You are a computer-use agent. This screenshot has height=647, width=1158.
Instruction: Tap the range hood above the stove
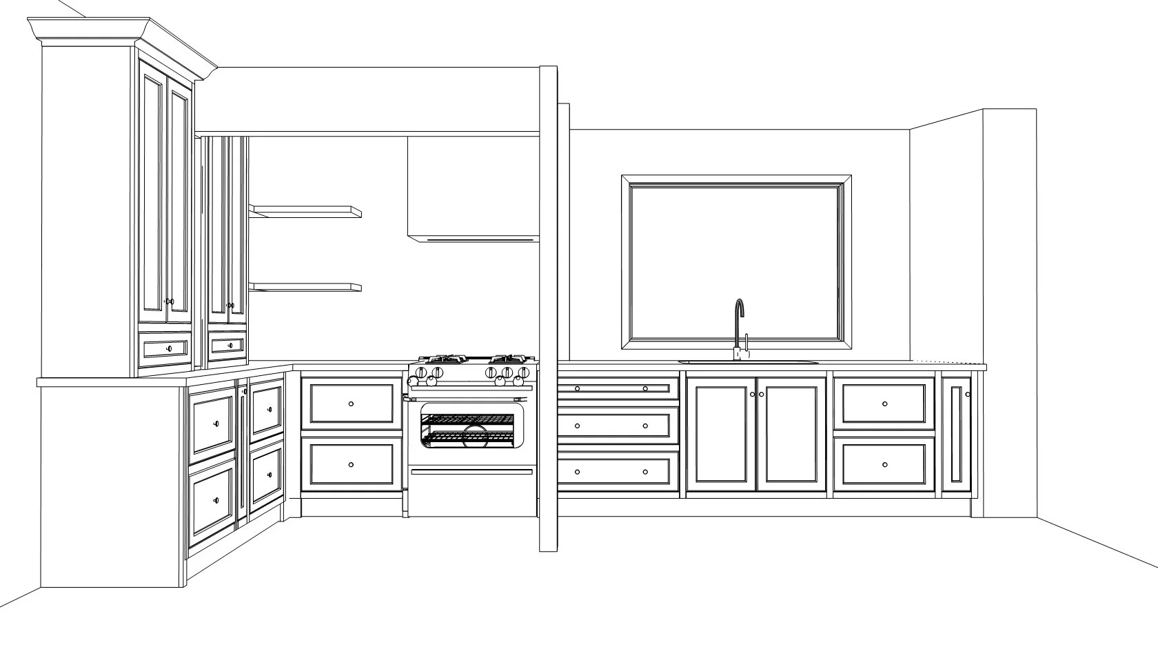[472, 190]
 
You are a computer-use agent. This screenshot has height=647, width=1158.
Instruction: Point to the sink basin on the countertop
[748, 362]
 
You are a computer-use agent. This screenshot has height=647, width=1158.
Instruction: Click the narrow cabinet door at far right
[956, 434]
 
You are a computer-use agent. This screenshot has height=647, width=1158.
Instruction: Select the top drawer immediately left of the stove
[352, 404]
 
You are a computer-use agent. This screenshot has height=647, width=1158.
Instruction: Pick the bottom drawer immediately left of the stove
[352, 464]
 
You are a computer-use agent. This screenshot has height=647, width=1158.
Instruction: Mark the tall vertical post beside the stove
[548, 310]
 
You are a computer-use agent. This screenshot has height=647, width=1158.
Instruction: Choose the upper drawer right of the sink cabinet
[884, 404]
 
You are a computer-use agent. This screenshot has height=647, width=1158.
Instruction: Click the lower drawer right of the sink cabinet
[884, 464]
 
